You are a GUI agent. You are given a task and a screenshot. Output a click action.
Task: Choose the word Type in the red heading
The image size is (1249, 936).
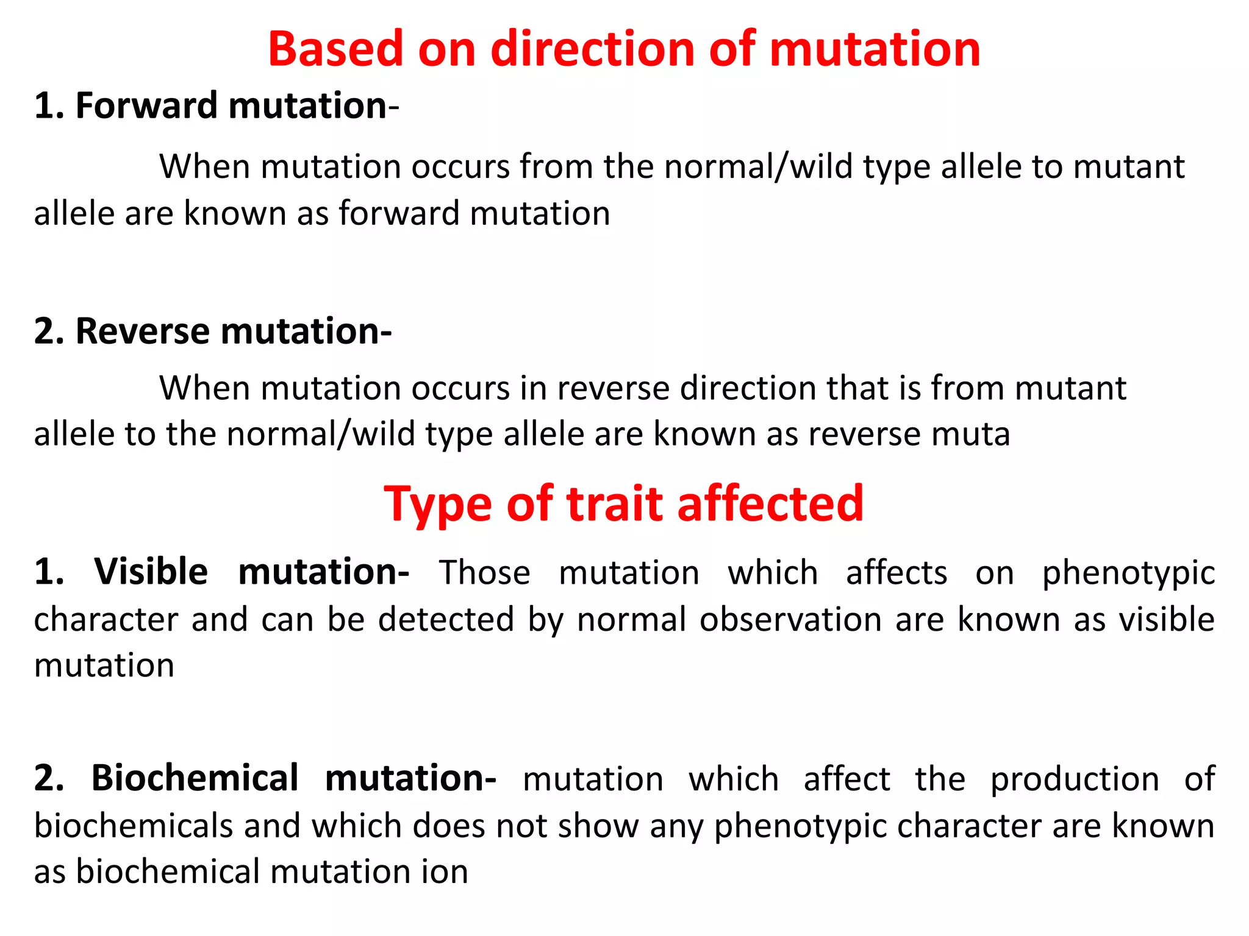pos(437,505)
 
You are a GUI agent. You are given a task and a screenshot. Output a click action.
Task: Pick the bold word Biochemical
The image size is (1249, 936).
pos(195,778)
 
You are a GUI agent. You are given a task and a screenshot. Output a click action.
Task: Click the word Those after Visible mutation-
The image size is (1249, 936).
pos(485,573)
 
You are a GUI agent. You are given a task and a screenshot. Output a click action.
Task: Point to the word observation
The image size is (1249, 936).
pos(790,619)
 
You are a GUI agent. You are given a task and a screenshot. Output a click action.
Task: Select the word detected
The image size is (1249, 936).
pos(446,619)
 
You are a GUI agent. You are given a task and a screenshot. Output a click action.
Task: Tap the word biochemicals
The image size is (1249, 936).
pos(134,826)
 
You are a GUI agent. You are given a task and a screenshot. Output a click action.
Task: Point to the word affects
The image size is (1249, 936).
pos(896,573)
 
